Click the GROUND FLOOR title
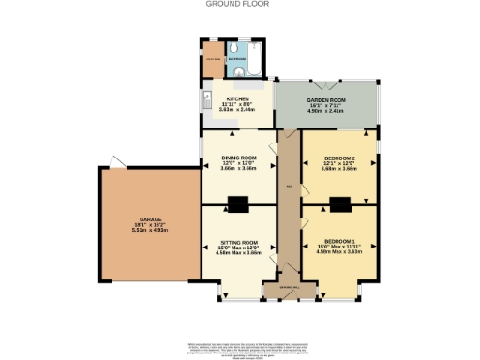coord(239,4)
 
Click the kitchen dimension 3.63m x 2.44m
coord(237,110)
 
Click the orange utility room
coord(214,59)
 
